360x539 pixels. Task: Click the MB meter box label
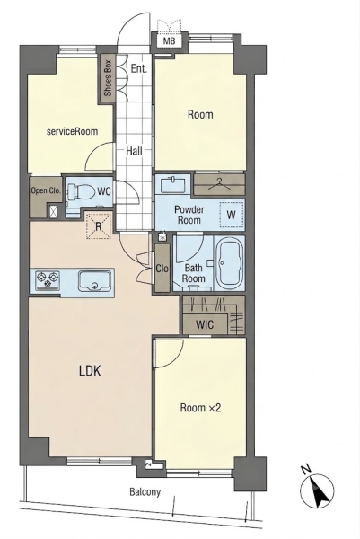coord(169,41)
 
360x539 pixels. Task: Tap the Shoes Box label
coord(108,78)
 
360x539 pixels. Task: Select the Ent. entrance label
coord(139,68)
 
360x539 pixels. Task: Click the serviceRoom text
coord(72,131)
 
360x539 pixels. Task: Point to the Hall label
coord(134,151)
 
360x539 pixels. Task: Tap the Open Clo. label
coord(46,190)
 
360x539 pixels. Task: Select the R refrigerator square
coord(98,226)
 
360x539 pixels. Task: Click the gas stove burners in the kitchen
coord(48,279)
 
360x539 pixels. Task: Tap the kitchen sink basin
coord(95,280)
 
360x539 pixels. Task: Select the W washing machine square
coord(232,215)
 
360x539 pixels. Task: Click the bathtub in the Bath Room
coord(229,263)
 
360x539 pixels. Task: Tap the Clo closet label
coord(162,268)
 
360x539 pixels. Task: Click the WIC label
coord(205,324)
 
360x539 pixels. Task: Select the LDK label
coord(90,371)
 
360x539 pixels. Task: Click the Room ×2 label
coord(200,408)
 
